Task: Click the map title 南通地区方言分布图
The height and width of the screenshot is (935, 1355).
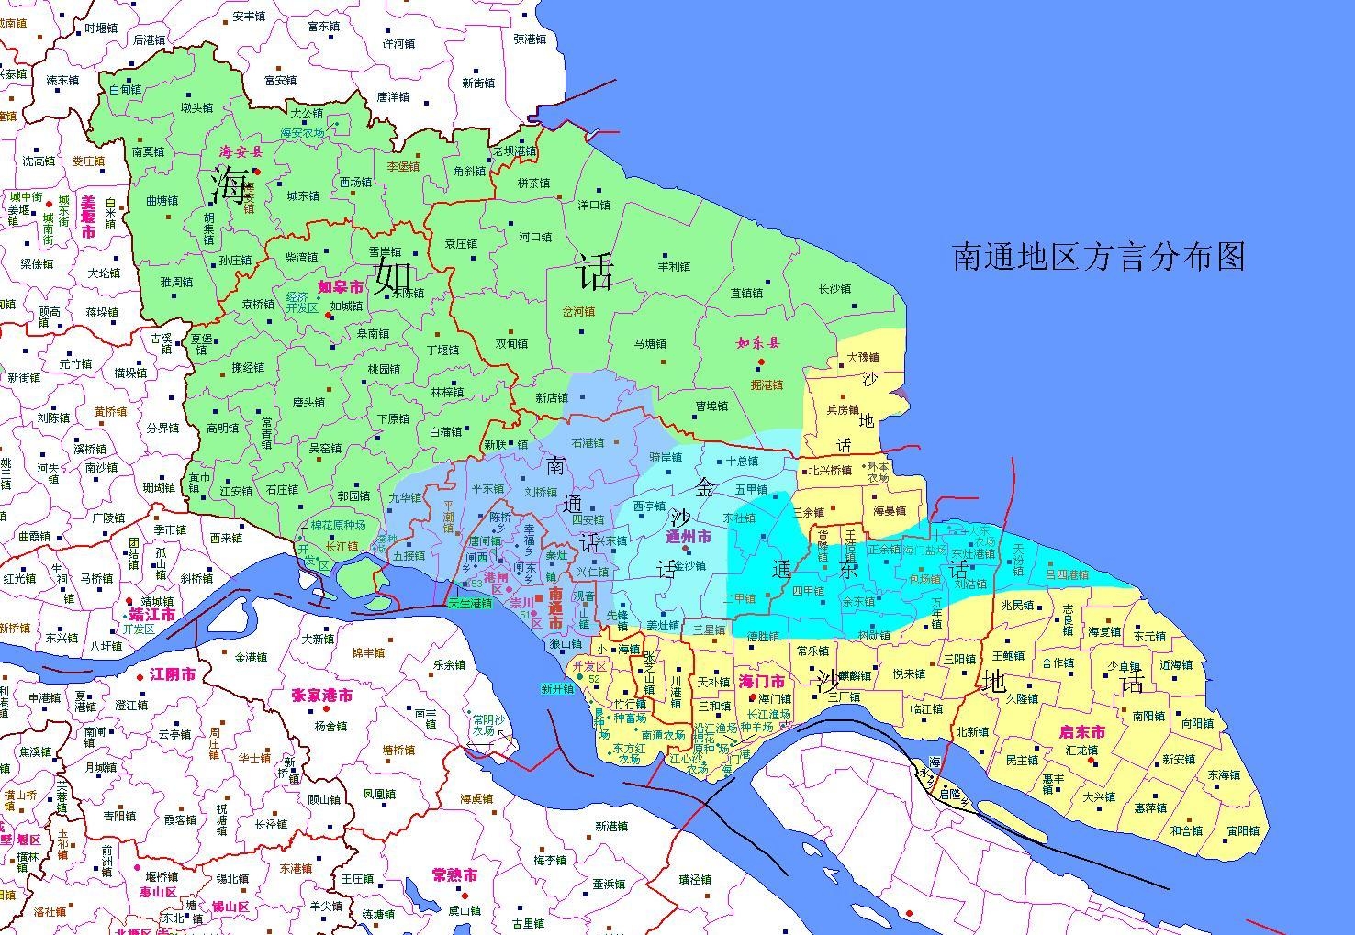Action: (1099, 257)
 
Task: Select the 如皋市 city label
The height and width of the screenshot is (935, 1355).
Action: (341, 287)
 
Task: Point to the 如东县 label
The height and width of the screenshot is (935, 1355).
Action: (757, 343)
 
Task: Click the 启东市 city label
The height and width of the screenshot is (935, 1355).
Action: (1082, 732)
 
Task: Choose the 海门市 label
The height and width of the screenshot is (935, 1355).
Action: (761, 682)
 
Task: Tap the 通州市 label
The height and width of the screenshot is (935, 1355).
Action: (688, 537)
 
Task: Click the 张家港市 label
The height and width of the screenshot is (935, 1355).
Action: (321, 696)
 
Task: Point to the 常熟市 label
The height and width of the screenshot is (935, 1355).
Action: (454, 875)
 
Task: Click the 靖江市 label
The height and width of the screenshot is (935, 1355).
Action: (152, 615)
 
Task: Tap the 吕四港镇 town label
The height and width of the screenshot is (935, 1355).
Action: (1067, 575)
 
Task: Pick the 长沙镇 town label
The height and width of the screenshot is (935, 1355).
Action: (834, 289)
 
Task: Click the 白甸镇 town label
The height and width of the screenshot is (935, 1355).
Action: (125, 90)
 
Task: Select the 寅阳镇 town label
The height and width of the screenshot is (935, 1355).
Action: (1243, 831)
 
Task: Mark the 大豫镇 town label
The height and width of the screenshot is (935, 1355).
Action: (862, 358)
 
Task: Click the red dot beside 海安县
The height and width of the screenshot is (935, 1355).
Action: (257, 172)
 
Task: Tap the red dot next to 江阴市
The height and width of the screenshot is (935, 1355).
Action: (140, 676)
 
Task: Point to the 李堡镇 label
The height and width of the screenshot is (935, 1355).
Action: (403, 167)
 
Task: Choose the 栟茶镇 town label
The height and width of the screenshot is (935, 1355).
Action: (534, 183)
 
